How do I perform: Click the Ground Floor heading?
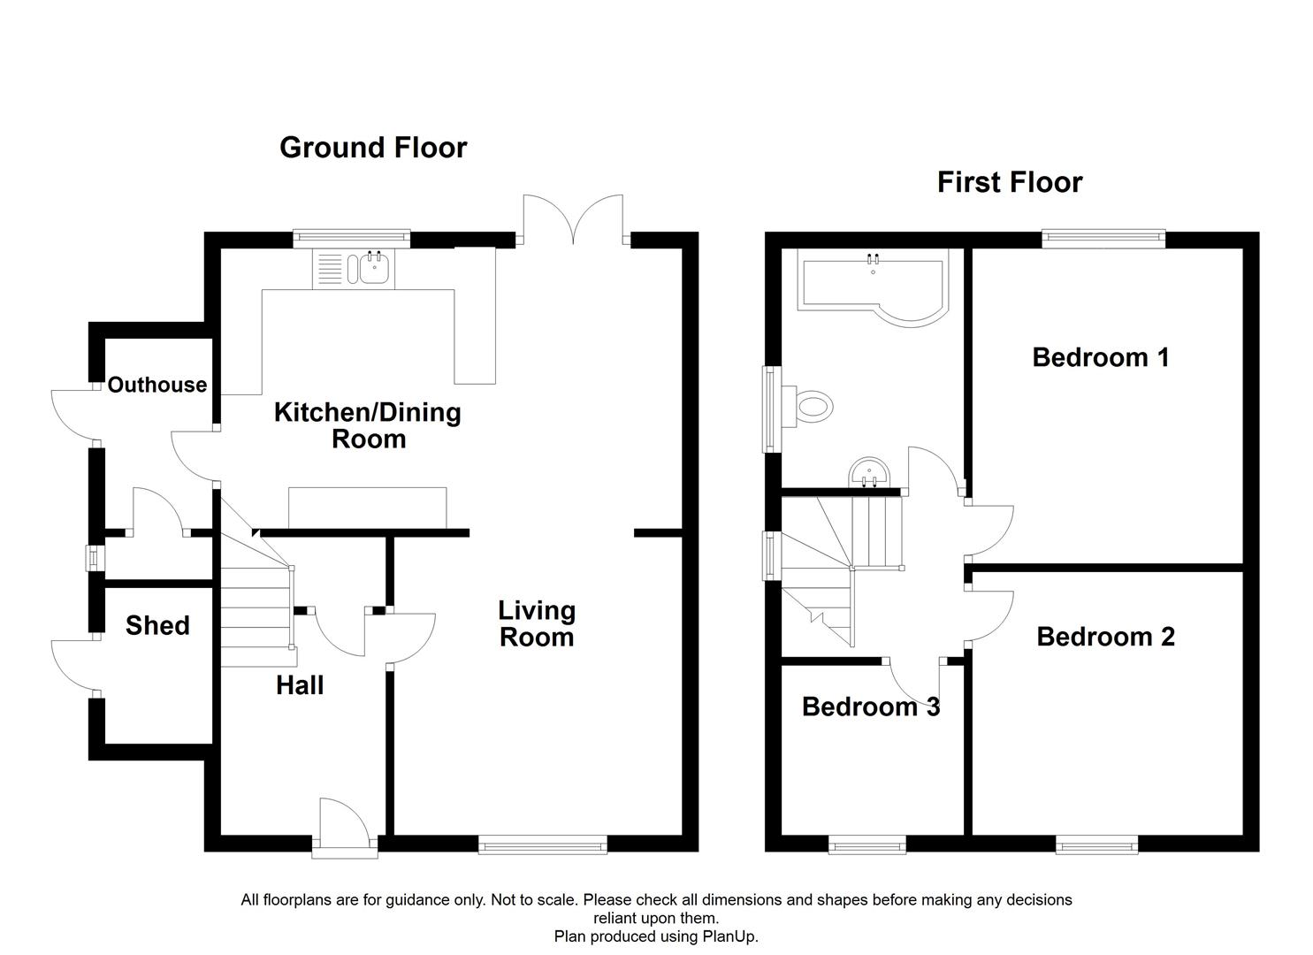[373, 148]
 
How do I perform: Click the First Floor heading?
[1009, 182]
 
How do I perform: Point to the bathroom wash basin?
[870, 473]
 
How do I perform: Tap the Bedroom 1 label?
[1100, 357]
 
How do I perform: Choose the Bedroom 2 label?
[1105, 637]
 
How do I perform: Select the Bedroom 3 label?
[870, 707]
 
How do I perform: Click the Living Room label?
[537, 623]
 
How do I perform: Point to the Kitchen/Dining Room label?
[367, 425]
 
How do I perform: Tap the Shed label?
[157, 626]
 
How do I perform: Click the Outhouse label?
[157, 385]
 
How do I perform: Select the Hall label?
[300, 685]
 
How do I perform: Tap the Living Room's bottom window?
[542, 846]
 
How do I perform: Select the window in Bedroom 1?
[1103, 236]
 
